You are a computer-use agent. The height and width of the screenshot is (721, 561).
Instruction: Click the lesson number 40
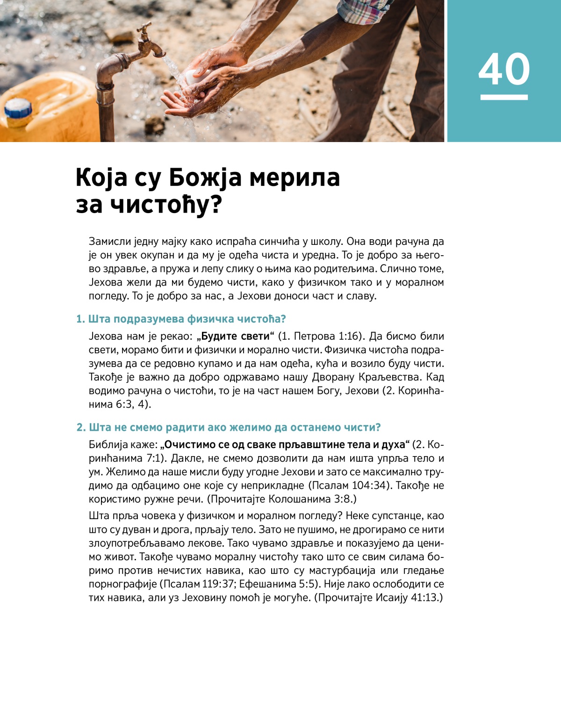(x=504, y=69)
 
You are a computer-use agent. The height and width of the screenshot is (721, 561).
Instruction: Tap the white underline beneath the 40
(x=504, y=97)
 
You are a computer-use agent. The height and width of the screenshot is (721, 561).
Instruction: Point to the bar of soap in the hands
(x=193, y=77)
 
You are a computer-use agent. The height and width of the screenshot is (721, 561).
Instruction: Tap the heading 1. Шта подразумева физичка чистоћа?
(x=181, y=319)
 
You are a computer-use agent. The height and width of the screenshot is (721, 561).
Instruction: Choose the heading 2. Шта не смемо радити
(x=229, y=428)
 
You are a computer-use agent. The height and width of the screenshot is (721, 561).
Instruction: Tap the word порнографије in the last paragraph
(x=123, y=584)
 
